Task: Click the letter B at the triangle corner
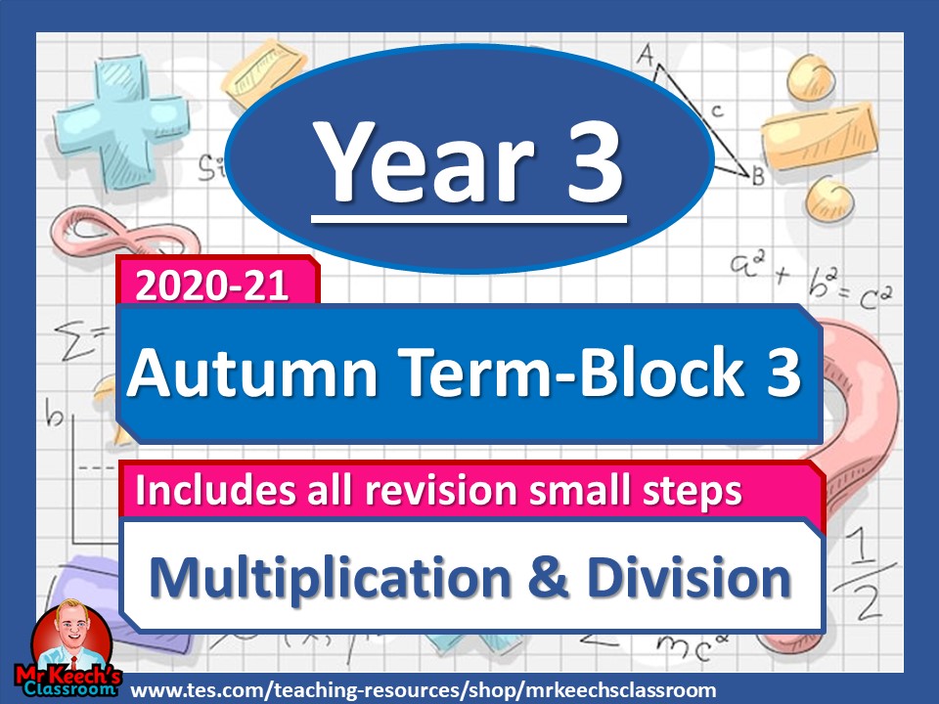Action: (x=757, y=177)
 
